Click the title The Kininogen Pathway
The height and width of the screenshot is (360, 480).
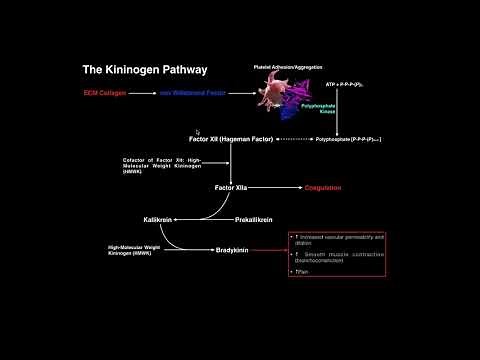point(144,70)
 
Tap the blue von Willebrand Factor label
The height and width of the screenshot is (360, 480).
point(194,93)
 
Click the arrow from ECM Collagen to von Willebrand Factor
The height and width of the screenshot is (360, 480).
point(142,93)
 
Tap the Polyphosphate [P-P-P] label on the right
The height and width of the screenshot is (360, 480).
point(351,139)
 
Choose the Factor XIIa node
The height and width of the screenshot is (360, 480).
point(231,187)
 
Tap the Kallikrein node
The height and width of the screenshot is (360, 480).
point(160,218)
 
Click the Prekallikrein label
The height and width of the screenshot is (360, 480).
point(254,218)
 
